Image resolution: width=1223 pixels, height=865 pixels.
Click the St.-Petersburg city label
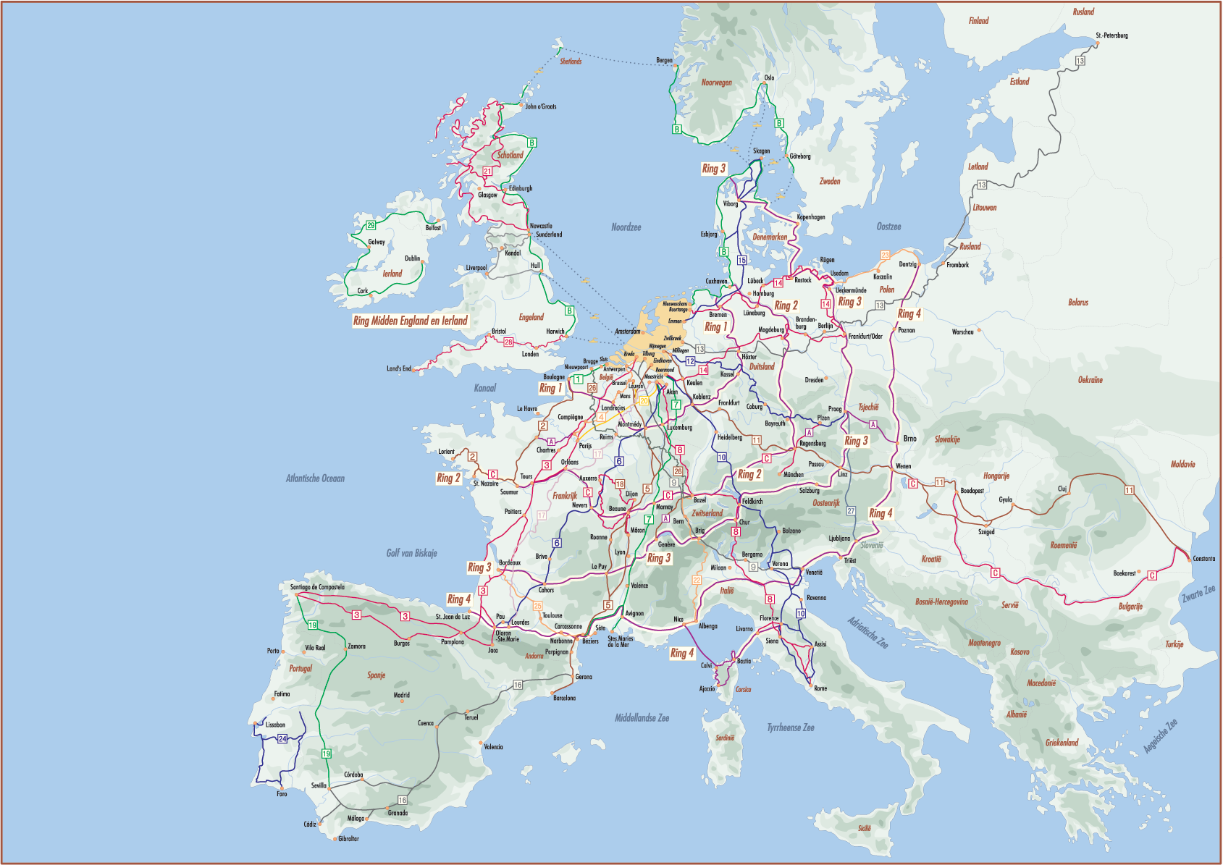tap(1111, 35)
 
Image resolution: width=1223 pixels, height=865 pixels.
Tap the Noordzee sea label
tap(626, 227)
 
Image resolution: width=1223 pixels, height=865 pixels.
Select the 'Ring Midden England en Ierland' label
tap(410, 321)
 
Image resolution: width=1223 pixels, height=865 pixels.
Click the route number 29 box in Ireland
tap(371, 226)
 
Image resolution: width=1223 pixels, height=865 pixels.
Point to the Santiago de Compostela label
tap(317, 587)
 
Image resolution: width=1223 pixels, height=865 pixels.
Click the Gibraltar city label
tap(348, 838)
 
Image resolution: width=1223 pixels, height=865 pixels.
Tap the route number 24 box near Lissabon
tap(282, 738)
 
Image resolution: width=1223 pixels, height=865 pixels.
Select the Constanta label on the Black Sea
tap(1204, 558)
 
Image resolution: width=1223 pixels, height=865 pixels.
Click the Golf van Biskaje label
tap(411, 553)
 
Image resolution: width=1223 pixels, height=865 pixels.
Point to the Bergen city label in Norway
tap(664, 61)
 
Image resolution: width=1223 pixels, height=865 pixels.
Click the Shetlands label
tap(571, 62)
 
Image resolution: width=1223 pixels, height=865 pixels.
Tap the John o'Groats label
tap(541, 106)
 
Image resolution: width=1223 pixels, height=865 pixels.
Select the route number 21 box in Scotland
tap(487, 172)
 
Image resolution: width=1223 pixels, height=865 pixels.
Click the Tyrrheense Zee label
tap(791, 727)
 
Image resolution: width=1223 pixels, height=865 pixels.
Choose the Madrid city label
tap(402, 695)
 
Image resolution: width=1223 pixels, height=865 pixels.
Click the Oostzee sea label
tap(888, 227)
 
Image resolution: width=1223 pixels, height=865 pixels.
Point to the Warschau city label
tap(962, 332)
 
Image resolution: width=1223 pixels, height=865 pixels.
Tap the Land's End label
tap(398, 368)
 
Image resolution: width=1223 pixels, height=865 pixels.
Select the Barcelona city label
tap(564, 698)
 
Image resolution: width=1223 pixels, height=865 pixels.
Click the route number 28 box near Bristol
tap(508, 342)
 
